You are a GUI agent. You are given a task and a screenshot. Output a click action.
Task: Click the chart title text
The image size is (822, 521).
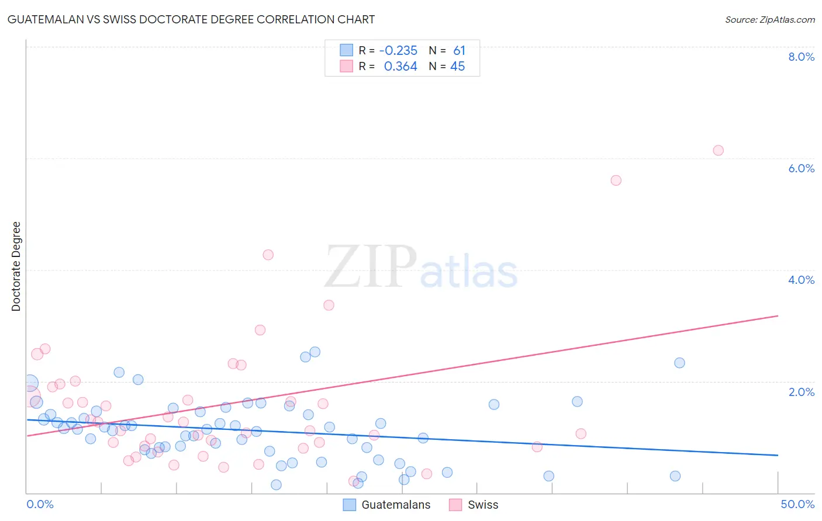pyautogui.click(x=191, y=19)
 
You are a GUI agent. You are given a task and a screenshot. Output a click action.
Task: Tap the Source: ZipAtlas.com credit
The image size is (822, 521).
pyautogui.click(x=769, y=20)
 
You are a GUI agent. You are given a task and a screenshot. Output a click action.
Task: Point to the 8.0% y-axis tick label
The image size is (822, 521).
pyautogui.click(x=801, y=57)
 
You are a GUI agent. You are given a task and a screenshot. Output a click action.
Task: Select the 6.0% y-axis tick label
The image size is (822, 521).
pyautogui.click(x=801, y=168)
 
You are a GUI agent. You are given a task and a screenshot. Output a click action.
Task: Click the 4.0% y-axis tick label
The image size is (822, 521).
pyautogui.click(x=801, y=280)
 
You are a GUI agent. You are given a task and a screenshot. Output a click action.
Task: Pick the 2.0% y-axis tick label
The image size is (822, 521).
pyautogui.click(x=801, y=392)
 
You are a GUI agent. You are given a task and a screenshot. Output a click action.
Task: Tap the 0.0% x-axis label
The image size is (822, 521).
pyautogui.click(x=40, y=504)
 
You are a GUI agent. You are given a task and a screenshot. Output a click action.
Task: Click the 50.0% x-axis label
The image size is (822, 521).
pyautogui.click(x=797, y=504)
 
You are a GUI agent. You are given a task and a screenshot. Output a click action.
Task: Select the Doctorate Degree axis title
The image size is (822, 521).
pyautogui.click(x=16, y=266)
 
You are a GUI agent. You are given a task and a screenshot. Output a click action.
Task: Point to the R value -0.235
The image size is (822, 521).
pyautogui.click(x=398, y=51)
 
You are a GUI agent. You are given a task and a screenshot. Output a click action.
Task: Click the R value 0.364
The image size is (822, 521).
pyautogui.click(x=400, y=67)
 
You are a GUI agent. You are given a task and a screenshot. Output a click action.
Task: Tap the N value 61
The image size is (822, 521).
pyautogui.click(x=459, y=51)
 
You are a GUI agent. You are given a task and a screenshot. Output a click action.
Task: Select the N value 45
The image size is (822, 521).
pyautogui.click(x=457, y=67)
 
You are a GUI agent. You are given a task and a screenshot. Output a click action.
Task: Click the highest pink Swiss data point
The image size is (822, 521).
pyautogui.click(x=718, y=151)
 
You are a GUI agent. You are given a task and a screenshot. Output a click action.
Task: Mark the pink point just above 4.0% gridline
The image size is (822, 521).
pyautogui.click(x=268, y=255)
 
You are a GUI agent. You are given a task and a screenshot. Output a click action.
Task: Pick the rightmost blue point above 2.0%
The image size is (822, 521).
pyautogui.click(x=679, y=363)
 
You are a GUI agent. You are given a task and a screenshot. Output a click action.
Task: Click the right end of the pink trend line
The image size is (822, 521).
pyautogui.click(x=778, y=316)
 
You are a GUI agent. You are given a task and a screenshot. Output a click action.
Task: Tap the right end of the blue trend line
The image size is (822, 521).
pyautogui.click(x=778, y=455)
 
